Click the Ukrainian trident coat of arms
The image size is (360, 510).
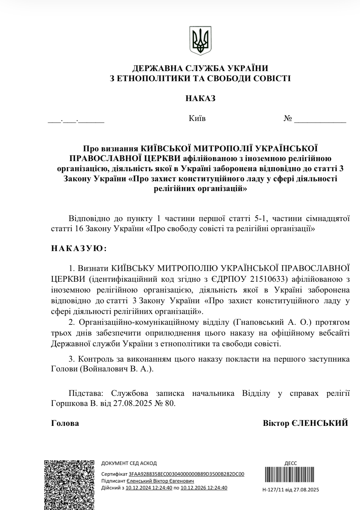pos(200,41)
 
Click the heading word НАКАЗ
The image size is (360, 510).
pos(201,98)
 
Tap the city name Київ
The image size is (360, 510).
pos(197,118)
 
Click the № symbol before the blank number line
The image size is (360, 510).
pos(287,118)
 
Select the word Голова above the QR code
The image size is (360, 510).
pos(65,423)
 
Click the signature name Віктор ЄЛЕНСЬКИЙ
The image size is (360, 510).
pos(306,423)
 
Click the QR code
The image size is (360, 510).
pos(69,484)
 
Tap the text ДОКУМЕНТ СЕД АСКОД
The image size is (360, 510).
pos(129,463)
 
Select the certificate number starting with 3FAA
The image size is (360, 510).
pos(187,474)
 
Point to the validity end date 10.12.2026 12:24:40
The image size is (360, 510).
pos(204,488)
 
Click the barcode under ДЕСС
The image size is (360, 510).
pos(290,477)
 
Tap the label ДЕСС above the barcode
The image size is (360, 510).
pos(291,463)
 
